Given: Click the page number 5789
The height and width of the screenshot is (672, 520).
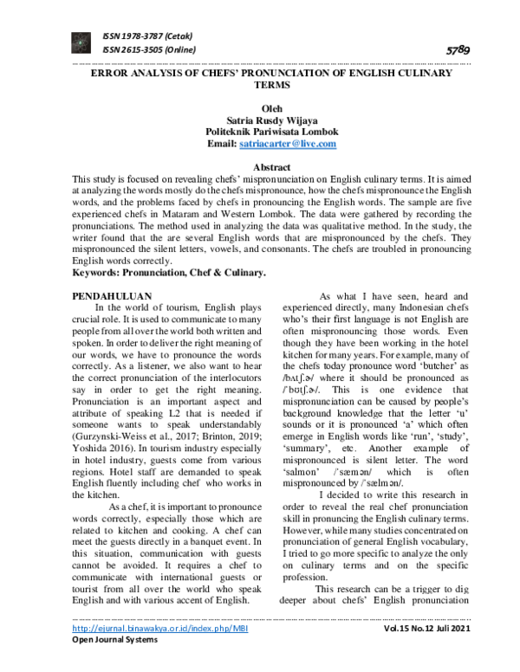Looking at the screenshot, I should tap(458, 51).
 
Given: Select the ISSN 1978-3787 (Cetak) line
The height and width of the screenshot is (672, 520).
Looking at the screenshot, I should tap(147, 36).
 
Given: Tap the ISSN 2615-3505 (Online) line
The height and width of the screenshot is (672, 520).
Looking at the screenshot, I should tap(149, 50).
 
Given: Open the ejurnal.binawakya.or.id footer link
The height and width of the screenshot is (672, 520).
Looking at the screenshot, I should tap(159, 628).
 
